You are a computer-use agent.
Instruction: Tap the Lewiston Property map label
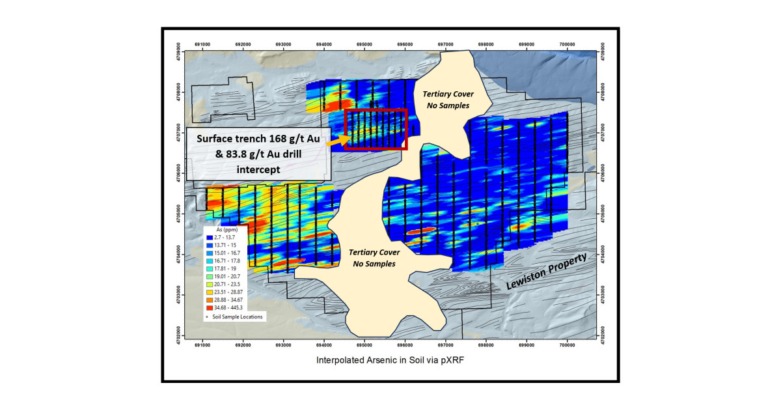[548, 271]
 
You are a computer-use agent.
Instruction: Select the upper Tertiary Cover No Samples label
[446, 100]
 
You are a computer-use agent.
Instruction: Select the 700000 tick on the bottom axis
[568, 345]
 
